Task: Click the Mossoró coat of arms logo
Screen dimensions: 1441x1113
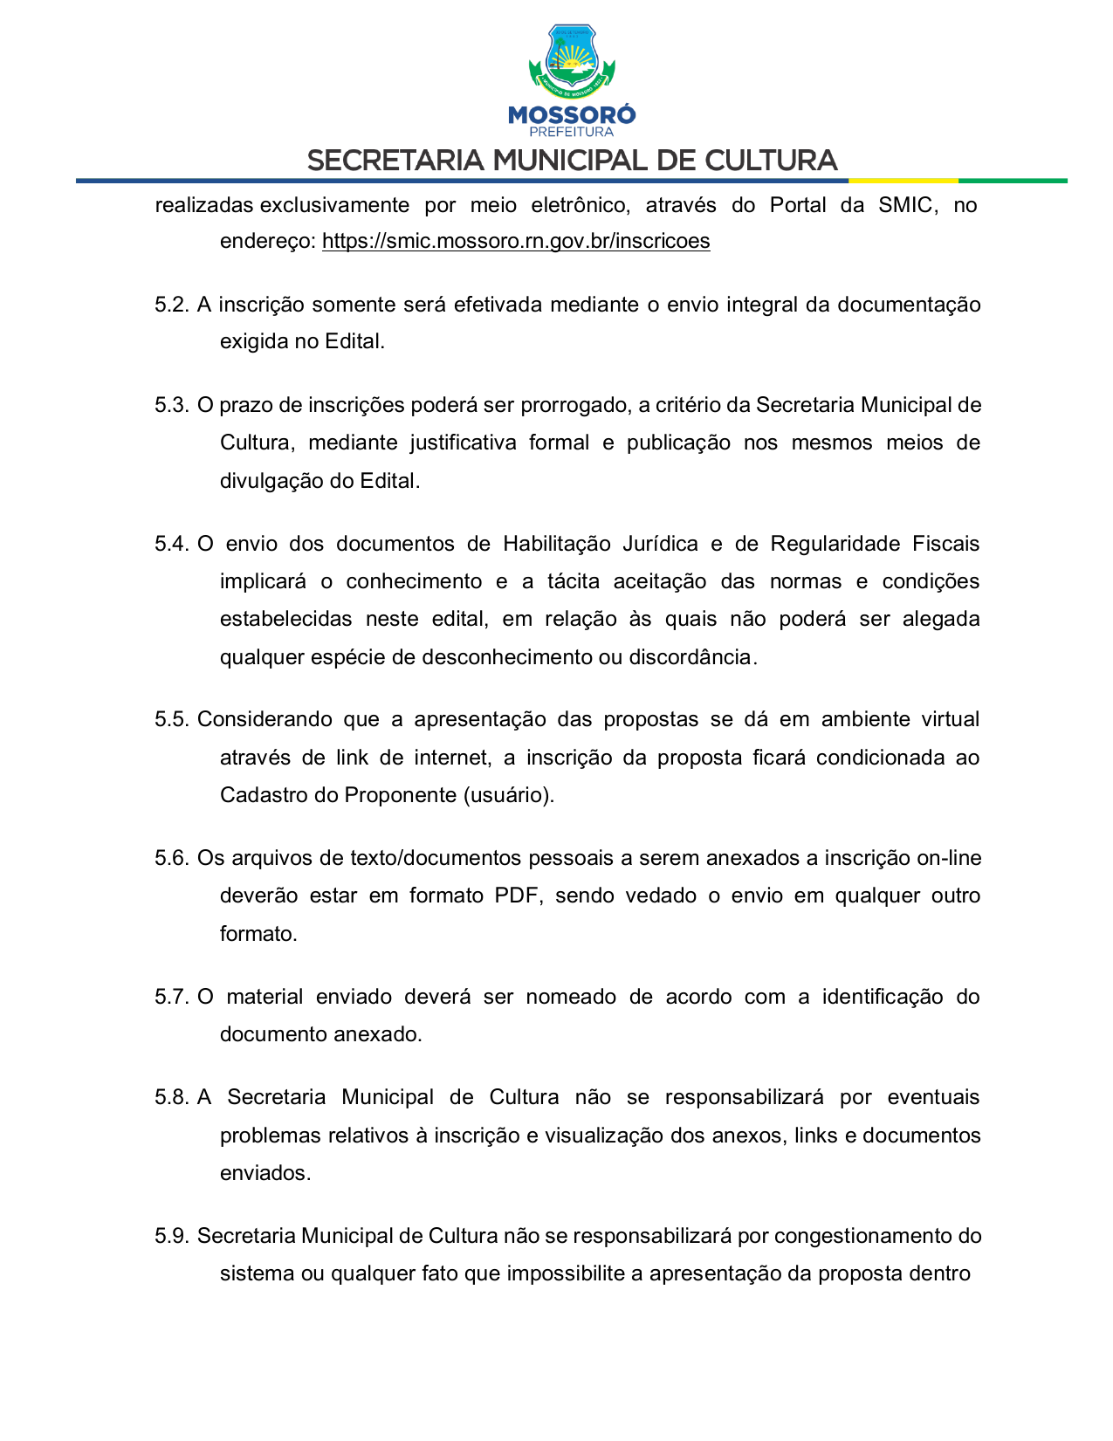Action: (x=572, y=61)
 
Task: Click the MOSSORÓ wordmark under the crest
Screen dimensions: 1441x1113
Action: (x=572, y=114)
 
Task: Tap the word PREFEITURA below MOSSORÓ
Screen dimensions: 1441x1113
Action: (x=572, y=132)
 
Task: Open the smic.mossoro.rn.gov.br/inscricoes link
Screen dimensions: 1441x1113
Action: (x=516, y=241)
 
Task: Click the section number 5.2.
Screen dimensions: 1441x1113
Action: (x=171, y=305)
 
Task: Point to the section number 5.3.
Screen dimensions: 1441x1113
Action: (x=171, y=405)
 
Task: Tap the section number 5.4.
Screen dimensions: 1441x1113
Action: (x=171, y=544)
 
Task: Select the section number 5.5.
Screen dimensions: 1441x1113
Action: (x=171, y=719)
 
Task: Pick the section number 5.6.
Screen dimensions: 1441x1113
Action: (x=171, y=858)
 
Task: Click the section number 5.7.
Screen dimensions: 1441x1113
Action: (x=171, y=997)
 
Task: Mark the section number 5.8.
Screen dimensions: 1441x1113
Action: (x=171, y=1097)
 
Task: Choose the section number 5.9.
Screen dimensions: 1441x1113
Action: (x=171, y=1236)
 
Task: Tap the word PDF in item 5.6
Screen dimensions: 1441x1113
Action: (x=518, y=895)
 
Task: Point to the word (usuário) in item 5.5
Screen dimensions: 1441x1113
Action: (x=508, y=795)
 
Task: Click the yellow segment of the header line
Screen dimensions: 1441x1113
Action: (x=903, y=181)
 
